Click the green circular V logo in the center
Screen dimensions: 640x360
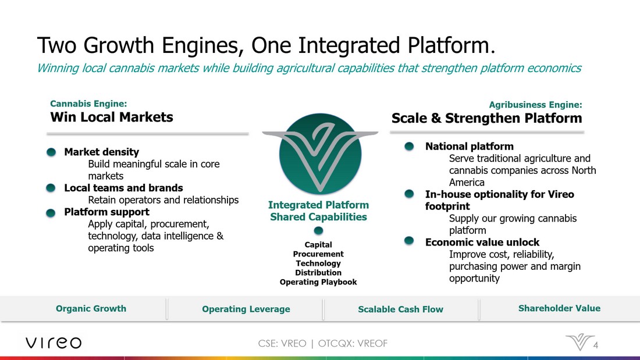coord(320,154)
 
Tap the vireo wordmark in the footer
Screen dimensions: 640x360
coord(54,343)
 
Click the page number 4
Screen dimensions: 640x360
coord(596,345)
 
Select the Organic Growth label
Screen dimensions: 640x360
coord(91,309)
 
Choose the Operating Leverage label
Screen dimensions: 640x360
coord(246,309)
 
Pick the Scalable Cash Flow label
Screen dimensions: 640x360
coord(400,309)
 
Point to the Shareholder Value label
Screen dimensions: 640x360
coord(559,308)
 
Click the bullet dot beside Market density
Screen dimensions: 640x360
coord(51,152)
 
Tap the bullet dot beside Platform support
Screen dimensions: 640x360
coord(51,213)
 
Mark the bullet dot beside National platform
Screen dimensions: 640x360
coord(409,147)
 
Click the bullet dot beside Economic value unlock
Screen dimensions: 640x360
coord(409,241)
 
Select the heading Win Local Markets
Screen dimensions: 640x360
coord(112,117)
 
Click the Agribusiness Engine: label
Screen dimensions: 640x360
coord(535,105)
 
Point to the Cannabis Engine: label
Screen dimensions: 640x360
coord(88,104)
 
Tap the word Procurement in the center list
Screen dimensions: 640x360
coord(318,254)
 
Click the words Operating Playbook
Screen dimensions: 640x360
coord(318,282)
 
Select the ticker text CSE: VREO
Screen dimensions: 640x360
coord(282,344)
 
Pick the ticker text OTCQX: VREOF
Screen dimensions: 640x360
coord(353,344)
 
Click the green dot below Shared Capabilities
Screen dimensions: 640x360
coord(318,231)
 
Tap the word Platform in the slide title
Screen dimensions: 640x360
coord(451,45)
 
